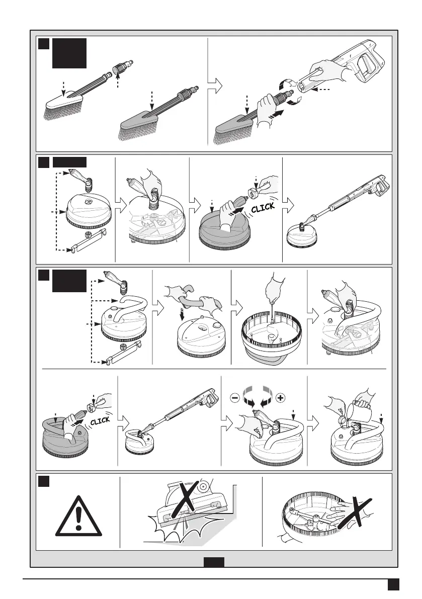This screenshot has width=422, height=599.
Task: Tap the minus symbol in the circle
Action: click(235, 398)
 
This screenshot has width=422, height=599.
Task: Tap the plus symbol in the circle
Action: click(280, 398)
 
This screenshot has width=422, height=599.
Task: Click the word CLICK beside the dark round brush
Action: click(263, 207)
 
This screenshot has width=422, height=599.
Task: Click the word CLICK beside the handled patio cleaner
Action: click(100, 420)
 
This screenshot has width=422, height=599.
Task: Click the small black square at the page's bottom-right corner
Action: click(393, 584)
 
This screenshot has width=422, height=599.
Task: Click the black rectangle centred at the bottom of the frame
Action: click(214, 562)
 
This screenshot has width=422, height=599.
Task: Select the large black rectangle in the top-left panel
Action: click(69, 53)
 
